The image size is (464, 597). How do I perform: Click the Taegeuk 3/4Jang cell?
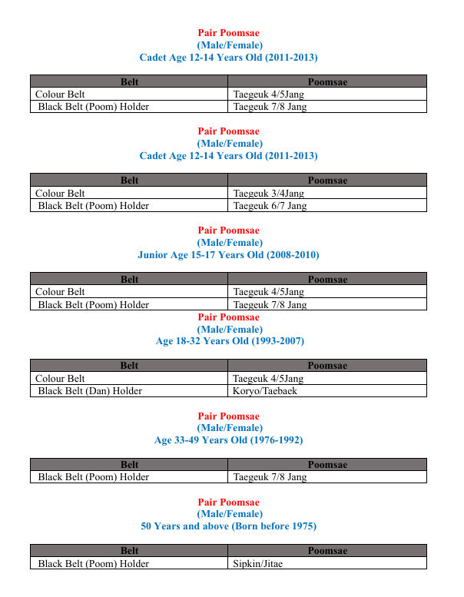click(x=268, y=194)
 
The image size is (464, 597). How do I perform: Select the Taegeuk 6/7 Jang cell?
click(x=270, y=206)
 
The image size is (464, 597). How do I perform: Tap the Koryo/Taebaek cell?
click(x=264, y=391)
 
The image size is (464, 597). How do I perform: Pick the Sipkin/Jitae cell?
click(x=258, y=563)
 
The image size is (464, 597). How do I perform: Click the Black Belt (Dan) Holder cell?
click(x=90, y=391)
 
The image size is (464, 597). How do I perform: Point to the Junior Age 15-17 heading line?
click(x=228, y=254)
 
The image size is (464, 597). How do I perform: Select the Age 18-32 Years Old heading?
click(x=228, y=341)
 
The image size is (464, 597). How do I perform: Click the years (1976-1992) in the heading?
click(x=277, y=440)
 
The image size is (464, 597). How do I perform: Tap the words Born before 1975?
click(x=261, y=526)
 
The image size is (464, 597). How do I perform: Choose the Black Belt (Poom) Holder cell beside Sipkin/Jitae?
click(x=93, y=563)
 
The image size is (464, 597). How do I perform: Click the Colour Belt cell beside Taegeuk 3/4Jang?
click(x=60, y=194)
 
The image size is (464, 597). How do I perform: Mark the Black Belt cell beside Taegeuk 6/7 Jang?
click(x=93, y=206)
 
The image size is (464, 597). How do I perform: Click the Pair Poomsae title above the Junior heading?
click(x=228, y=230)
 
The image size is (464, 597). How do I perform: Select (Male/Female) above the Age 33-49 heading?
click(x=228, y=428)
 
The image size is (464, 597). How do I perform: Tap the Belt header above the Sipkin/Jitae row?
click(x=129, y=551)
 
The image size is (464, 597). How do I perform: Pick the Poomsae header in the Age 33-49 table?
click(x=327, y=465)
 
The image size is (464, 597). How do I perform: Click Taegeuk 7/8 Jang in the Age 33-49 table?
click(x=270, y=477)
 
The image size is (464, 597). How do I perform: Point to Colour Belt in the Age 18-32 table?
click(x=60, y=379)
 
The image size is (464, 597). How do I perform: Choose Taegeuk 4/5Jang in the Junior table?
click(x=268, y=292)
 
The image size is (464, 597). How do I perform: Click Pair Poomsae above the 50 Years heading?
click(x=228, y=502)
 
